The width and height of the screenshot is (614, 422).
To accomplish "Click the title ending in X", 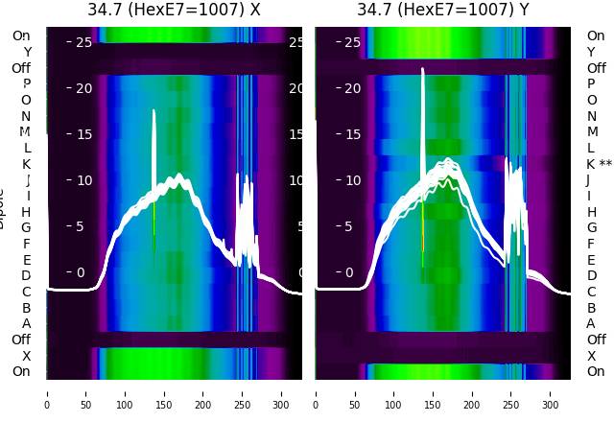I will [174, 11].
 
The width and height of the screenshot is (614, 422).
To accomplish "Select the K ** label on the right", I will [599, 164].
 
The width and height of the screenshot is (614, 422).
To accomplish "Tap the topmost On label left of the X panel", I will [21, 35].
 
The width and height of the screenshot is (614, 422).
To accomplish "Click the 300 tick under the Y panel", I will [552, 392].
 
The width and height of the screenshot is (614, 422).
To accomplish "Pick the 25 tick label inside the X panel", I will [83, 42].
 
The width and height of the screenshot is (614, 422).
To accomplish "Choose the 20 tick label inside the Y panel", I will [352, 88].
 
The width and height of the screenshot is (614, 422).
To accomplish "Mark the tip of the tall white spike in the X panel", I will [153, 110].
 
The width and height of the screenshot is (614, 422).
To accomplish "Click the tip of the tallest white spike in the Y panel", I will [422, 69].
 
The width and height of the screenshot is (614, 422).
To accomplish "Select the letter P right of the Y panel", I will [592, 83].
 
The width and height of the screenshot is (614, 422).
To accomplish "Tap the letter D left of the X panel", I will [26, 275].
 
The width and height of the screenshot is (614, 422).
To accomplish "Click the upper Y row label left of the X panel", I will [27, 52].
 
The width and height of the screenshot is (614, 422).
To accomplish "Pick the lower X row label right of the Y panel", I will [592, 356].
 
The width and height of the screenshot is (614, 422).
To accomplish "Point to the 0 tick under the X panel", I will [47, 392].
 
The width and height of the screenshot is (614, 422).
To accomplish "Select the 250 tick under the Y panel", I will [512, 392].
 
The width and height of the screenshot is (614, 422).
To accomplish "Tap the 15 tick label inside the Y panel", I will [352, 134].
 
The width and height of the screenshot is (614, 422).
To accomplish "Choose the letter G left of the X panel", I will [26, 227].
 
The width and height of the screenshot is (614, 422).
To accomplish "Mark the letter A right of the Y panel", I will [592, 323].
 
